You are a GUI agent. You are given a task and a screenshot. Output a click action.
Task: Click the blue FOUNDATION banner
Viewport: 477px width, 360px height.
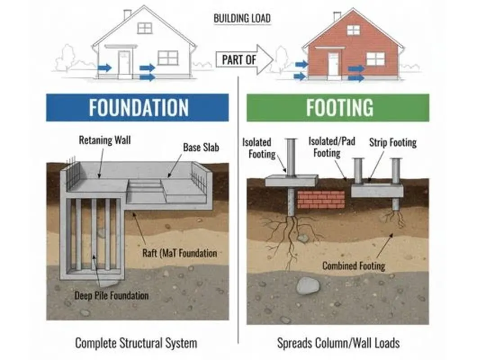pos(137,108)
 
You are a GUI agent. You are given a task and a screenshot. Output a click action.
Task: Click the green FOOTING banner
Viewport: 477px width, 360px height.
pos(337,108)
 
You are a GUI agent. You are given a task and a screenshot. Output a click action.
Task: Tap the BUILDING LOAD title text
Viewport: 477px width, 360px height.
pos(242,18)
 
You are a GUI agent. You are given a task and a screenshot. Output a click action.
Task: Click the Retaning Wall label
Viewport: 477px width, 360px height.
pos(104,140)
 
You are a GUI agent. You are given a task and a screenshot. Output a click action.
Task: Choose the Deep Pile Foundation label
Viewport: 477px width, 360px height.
pos(112,296)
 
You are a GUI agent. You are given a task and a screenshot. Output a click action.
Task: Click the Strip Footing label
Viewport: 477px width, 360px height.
pos(393,143)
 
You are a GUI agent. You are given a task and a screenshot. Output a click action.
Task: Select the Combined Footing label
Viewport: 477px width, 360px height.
pos(354,265)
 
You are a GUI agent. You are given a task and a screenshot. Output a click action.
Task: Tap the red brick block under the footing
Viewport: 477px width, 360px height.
pos(321,199)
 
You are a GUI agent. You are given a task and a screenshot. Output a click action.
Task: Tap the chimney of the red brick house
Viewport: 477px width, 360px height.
pos(337,16)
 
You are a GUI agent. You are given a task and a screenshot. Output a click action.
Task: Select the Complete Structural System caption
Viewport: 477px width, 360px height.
pos(136,343)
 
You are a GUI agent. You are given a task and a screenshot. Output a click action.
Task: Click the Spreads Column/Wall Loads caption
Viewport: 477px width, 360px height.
pos(338,343)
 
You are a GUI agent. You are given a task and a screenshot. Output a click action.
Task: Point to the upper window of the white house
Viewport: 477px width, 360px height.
pos(144,28)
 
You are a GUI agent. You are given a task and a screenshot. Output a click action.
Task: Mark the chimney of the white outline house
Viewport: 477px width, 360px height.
pos(127,13)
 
